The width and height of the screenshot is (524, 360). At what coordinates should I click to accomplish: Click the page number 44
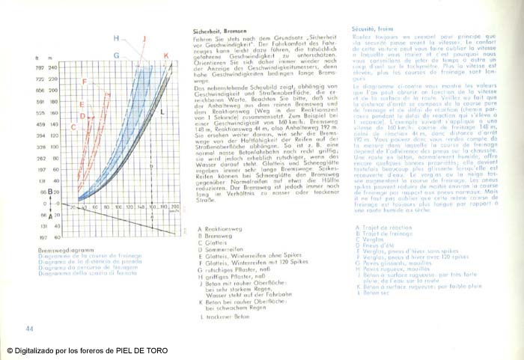pos(29,329)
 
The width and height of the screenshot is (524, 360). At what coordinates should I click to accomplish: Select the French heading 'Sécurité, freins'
pos(373,28)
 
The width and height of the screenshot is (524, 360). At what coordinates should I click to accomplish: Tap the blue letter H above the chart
pos(117,37)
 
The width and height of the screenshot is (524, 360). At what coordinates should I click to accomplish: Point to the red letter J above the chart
pos(144,37)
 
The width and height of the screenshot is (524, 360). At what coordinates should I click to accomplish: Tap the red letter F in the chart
pos(84,82)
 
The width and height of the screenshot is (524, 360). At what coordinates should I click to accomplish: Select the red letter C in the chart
pos(73,127)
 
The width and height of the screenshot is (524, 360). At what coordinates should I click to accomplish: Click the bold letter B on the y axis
pos(49,192)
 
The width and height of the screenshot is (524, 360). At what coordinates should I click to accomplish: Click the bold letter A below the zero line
pos(49,215)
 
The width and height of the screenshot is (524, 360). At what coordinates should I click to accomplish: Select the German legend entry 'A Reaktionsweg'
pos(219,230)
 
